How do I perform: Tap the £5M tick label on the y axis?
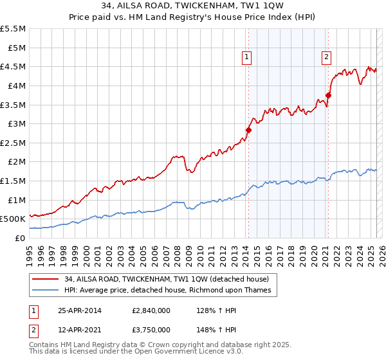click(x=13, y=48)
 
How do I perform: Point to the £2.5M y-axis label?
click(x=13, y=143)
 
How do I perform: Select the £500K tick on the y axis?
click(x=12, y=219)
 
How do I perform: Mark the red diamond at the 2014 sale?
click(x=248, y=130)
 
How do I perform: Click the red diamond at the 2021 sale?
click(x=328, y=95)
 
